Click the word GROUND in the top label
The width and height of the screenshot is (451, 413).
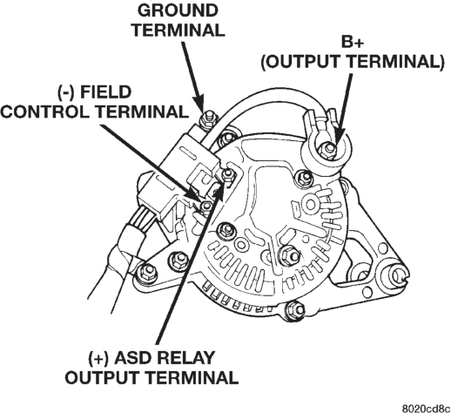point(178,10)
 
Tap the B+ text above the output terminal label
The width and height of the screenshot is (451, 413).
point(352,43)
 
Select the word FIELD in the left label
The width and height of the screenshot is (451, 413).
point(105,92)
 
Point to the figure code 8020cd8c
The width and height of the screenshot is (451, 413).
point(426,408)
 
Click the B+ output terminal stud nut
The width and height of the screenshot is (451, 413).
point(328,149)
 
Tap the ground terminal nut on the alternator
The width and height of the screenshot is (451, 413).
point(208,118)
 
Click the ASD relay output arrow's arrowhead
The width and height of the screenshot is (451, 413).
point(220,191)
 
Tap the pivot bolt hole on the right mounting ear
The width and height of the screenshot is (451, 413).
point(397,274)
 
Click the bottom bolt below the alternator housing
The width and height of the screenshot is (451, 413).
point(295,310)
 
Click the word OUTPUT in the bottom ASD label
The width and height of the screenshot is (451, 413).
point(102,377)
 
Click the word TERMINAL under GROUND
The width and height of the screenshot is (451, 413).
point(178,30)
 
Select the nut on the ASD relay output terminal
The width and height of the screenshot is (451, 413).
point(227,174)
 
